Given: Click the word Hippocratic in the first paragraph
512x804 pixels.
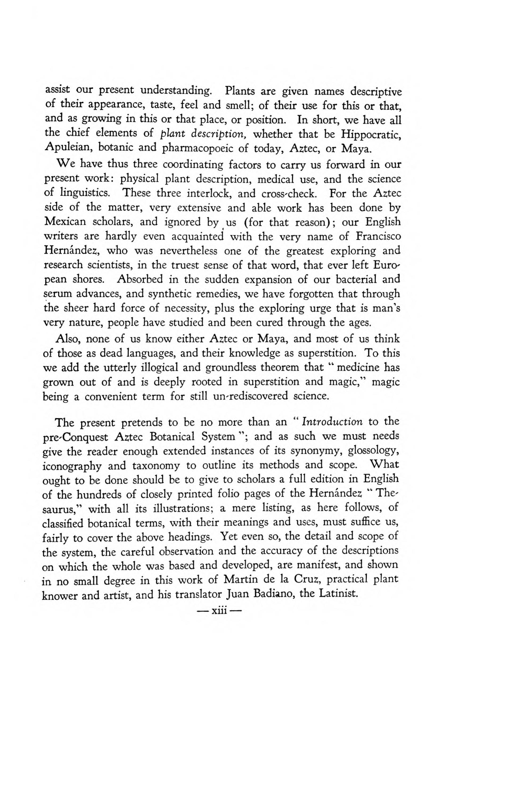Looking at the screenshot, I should pyautogui.click(x=371, y=134).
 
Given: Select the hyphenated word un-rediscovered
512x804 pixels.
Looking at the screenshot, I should pyautogui.click(x=248, y=396).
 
